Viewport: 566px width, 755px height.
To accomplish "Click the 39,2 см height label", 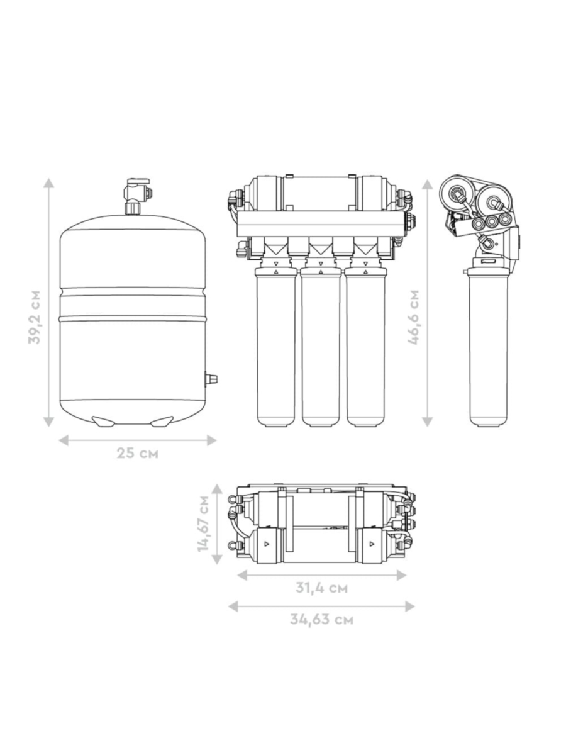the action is (35, 317).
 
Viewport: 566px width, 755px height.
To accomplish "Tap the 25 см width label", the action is (138, 454).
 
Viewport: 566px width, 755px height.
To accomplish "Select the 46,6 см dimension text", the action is (413, 317).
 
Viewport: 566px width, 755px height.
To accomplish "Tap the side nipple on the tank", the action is (211, 379).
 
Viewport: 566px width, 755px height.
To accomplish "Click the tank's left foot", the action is (103, 422).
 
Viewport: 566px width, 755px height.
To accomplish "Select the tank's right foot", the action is (162, 422).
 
